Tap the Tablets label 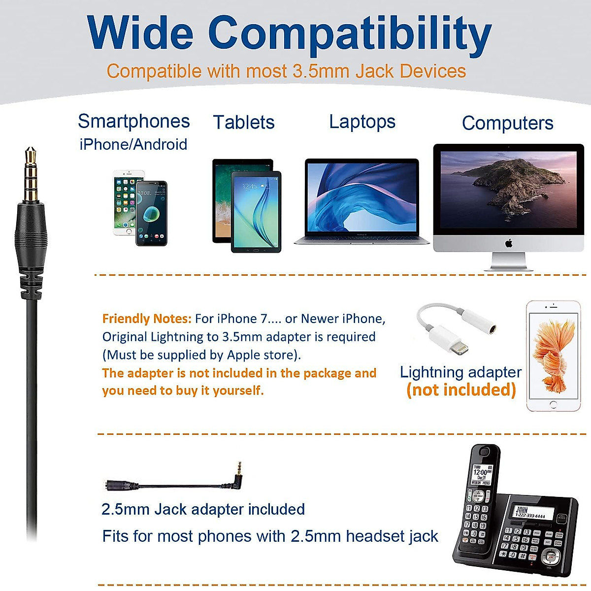coord(243,122)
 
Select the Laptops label coord(362,122)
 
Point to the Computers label coord(507,123)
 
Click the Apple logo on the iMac coord(509,243)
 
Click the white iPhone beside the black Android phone coord(125,202)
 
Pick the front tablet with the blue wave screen coord(256,212)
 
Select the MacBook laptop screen coord(361,197)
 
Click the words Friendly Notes coord(146,319)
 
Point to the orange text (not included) coord(461,390)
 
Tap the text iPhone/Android coord(133,144)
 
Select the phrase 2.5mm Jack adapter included coord(203,509)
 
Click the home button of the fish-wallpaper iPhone coord(553,405)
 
